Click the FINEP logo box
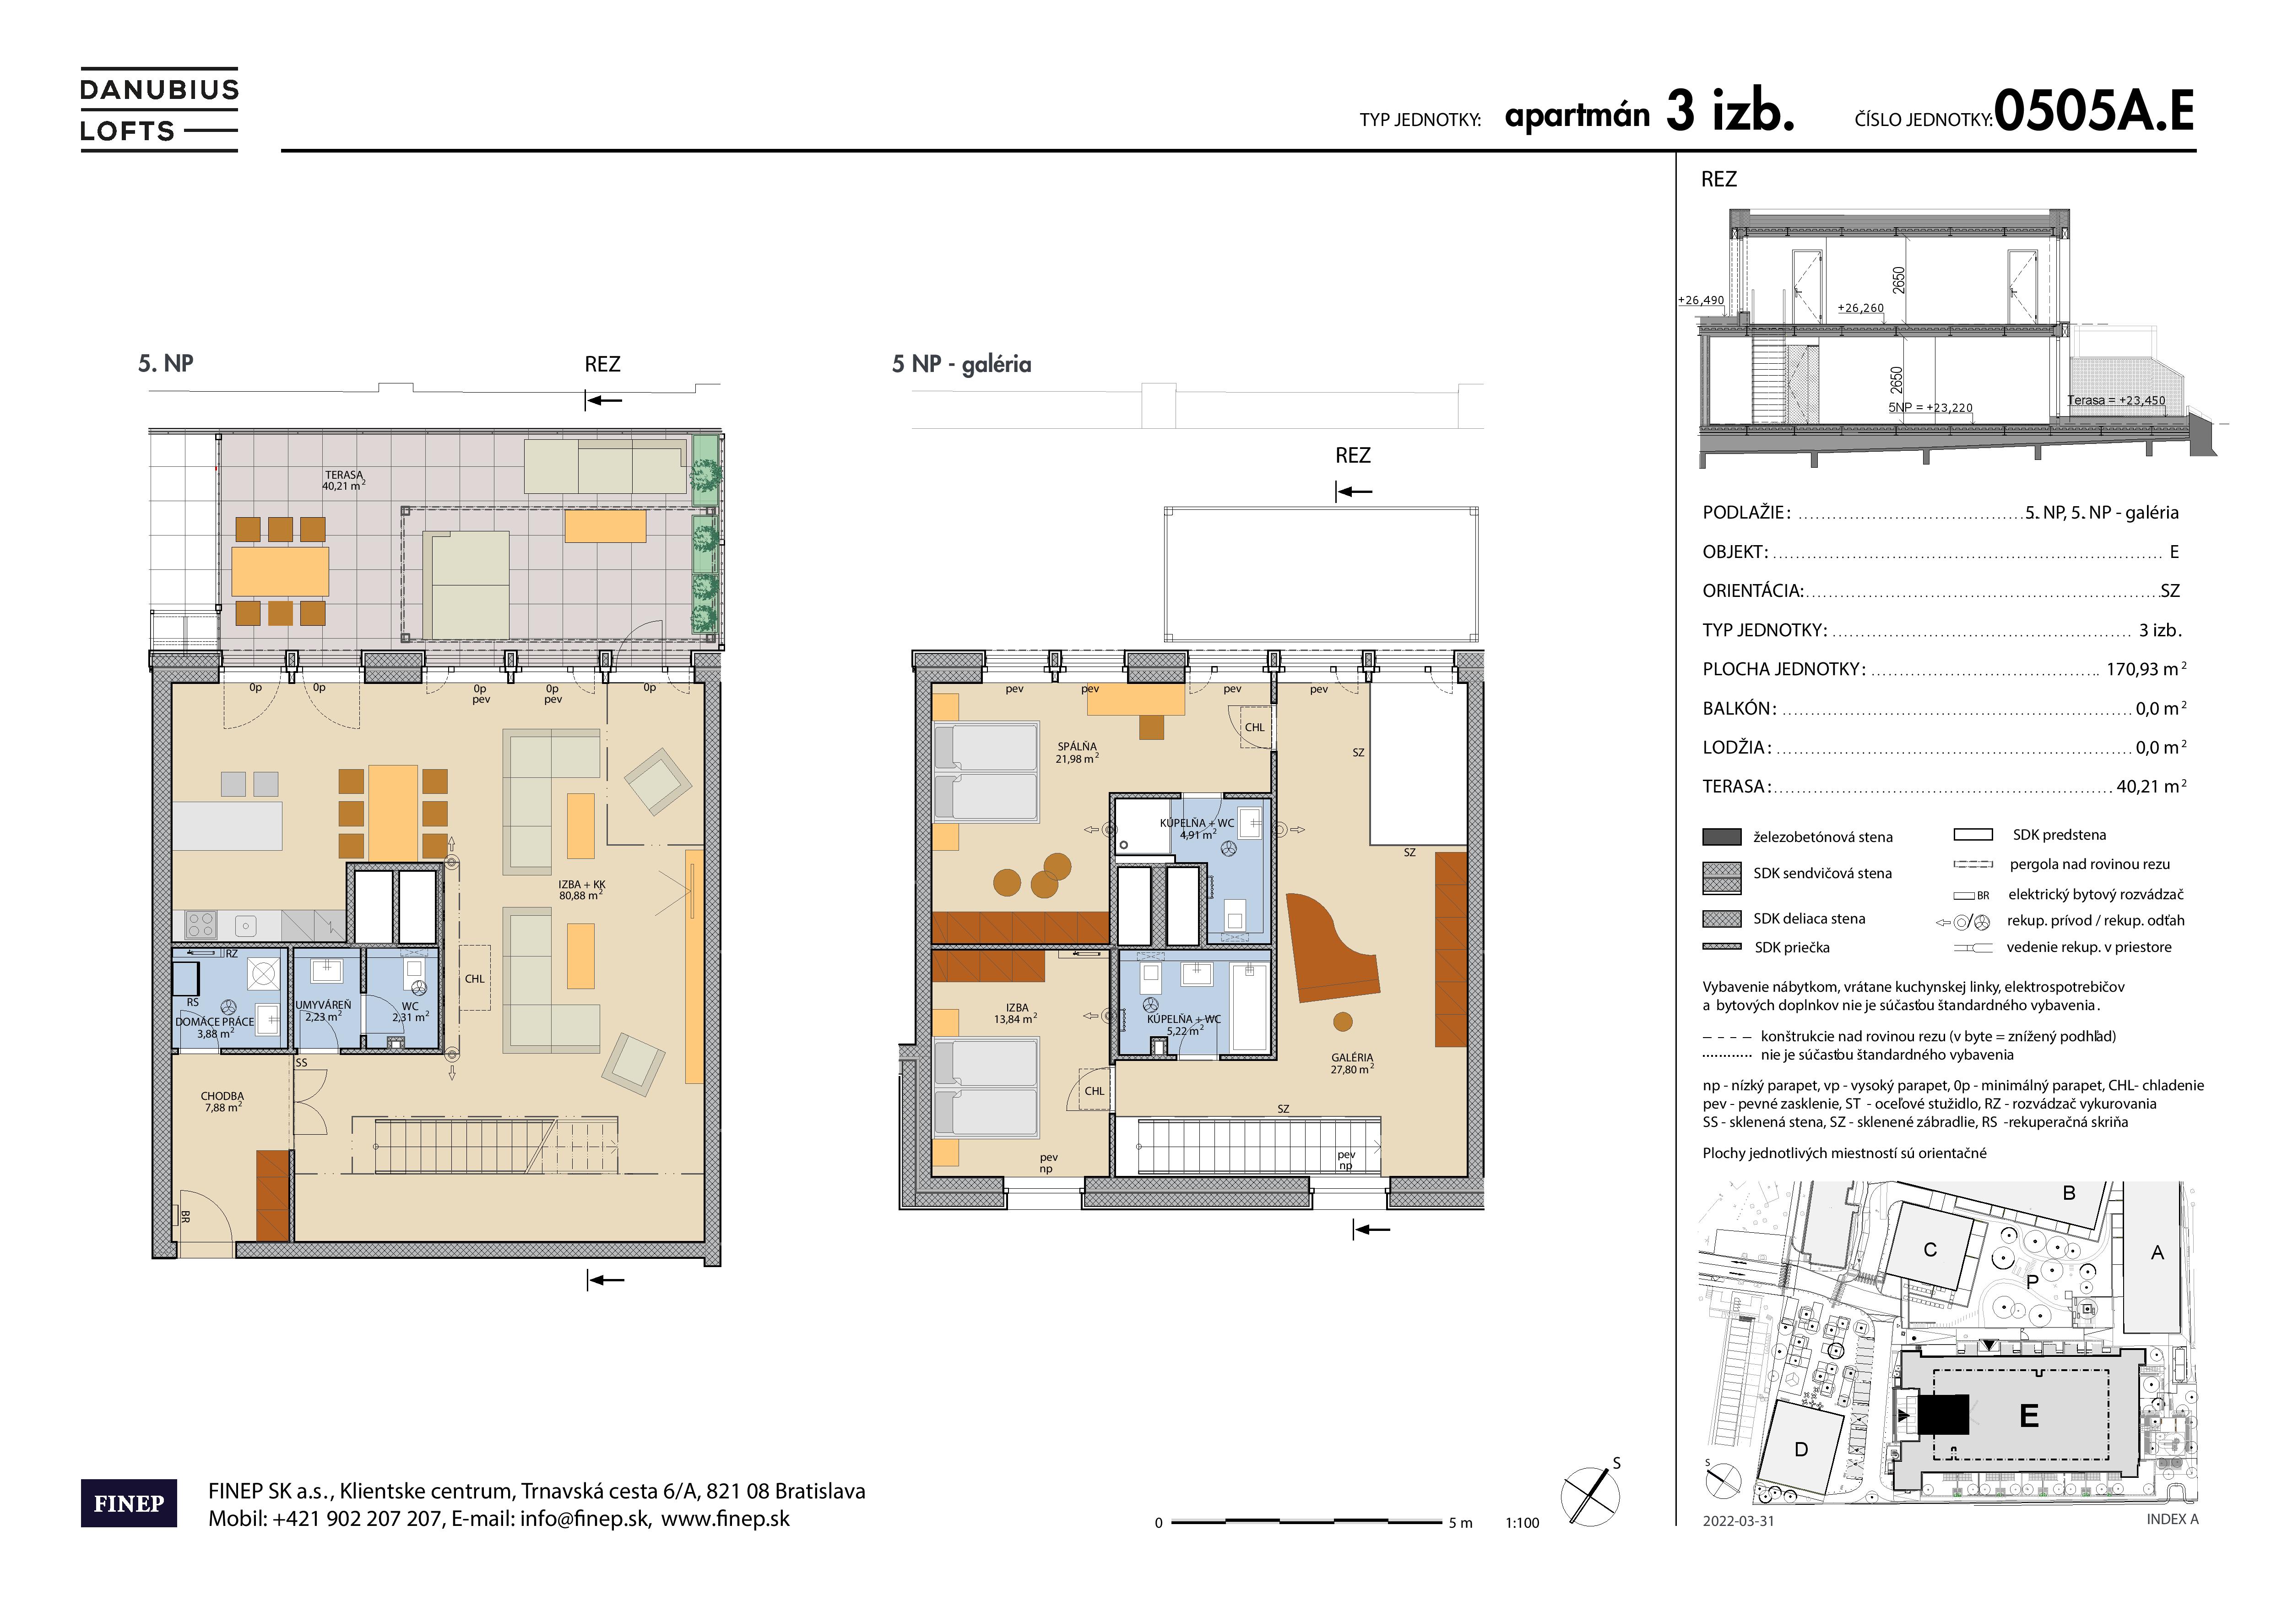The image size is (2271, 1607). [x=129, y=1503]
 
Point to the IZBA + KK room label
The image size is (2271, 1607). [x=581, y=890]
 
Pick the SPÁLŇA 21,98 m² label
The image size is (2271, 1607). [x=1076, y=753]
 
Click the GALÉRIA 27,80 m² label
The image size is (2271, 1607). [x=1352, y=1063]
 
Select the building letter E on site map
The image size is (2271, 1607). [x=2029, y=1416]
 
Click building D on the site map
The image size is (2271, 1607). [x=1801, y=1450]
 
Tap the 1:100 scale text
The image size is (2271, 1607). [x=1522, y=1523]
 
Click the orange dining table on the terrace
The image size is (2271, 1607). [x=280, y=571]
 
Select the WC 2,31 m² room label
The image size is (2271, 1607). [x=411, y=1011]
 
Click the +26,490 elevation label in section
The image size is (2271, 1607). [x=1700, y=300]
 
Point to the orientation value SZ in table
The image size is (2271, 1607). [x=2169, y=591]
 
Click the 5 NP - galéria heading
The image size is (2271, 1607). [x=961, y=364]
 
